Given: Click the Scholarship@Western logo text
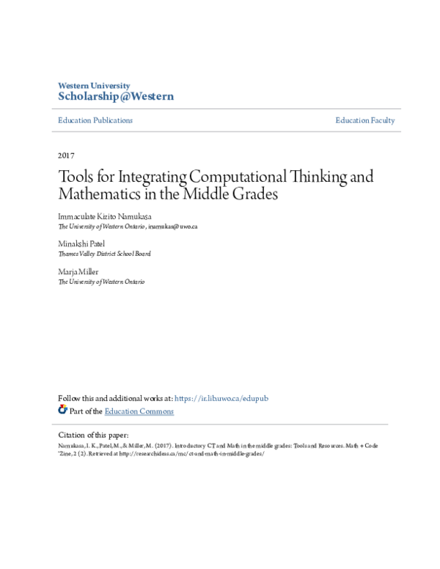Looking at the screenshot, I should pyautogui.click(x=116, y=96).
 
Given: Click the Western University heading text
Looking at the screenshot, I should pyautogui.click(x=94, y=85).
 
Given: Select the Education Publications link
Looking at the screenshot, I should pyautogui.click(x=95, y=120).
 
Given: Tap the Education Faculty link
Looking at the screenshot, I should pyautogui.click(x=365, y=120).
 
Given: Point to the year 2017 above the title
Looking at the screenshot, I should pyautogui.click(x=66, y=155).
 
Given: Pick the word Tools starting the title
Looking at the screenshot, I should pyautogui.click(x=76, y=177).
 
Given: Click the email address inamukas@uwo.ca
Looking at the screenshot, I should pyautogui.click(x=172, y=227).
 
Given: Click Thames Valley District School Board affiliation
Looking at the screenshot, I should pyautogui.click(x=104, y=254).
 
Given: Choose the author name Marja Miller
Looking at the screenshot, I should pyautogui.click(x=78, y=272).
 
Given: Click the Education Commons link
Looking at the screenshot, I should pyautogui.click(x=139, y=411).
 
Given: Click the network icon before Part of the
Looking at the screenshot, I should pyautogui.click(x=62, y=410).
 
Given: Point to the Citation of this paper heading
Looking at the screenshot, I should pyautogui.click(x=93, y=435).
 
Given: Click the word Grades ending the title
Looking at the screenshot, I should pyautogui.click(x=256, y=195).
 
